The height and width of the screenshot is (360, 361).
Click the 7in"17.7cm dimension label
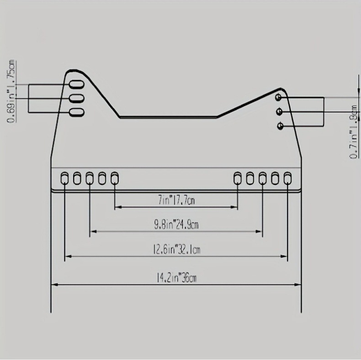[x=176, y=200]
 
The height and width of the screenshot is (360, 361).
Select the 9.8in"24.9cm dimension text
[x=176, y=224]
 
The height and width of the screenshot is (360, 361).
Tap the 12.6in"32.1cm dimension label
[x=176, y=249]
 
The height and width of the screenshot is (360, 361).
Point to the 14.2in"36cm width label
[x=176, y=278]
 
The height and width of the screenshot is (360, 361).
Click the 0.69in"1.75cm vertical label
[x=11, y=91]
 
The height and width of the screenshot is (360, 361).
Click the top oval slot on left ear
[x=77, y=85]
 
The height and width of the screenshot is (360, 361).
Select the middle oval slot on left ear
[x=77, y=98]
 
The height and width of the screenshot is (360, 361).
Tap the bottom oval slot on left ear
[x=77, y=112]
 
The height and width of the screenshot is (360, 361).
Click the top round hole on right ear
[x=279, y=97]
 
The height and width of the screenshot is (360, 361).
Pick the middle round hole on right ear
[x=279, y=112]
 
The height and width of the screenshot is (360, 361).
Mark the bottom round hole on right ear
[x=280, y=126]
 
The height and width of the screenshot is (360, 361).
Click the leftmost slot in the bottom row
[x=64, y=178]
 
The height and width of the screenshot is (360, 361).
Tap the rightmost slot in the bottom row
[x=287, y=178]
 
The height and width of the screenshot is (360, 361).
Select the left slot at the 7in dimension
[x=115, y=178]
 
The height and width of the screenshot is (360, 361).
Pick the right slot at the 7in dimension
[x=238, y=178]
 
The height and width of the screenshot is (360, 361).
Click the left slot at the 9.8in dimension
[x=90, y=178]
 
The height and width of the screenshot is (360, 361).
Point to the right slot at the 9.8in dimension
[x=262, y=178]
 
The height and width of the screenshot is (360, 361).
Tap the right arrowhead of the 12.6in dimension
[x=284, y=256]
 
